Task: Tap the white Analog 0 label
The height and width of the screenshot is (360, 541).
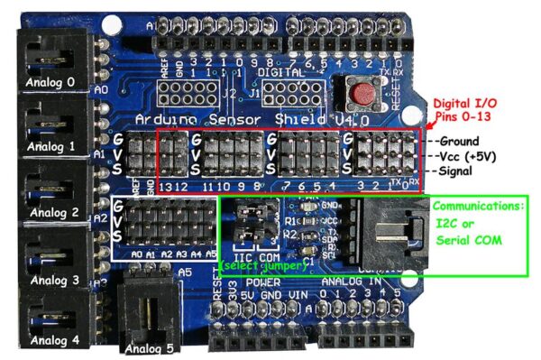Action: pyautogui.click(x=50, y=78)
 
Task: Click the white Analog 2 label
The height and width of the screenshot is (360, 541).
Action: pyautogui.click(x=51, y=214)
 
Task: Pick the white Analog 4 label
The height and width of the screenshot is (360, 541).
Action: pyautogui.click(x=51, y=340)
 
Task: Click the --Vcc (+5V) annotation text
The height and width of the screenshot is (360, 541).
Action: pyautogui.click(x=466, y=155)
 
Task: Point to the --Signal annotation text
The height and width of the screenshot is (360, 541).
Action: pyautogui.click(x=454, y=170)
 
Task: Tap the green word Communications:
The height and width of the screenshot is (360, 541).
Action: pyautogui.click(x=476, y=206)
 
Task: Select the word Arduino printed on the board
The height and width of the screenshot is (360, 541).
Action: pyautogui.click(x=163, y=120)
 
